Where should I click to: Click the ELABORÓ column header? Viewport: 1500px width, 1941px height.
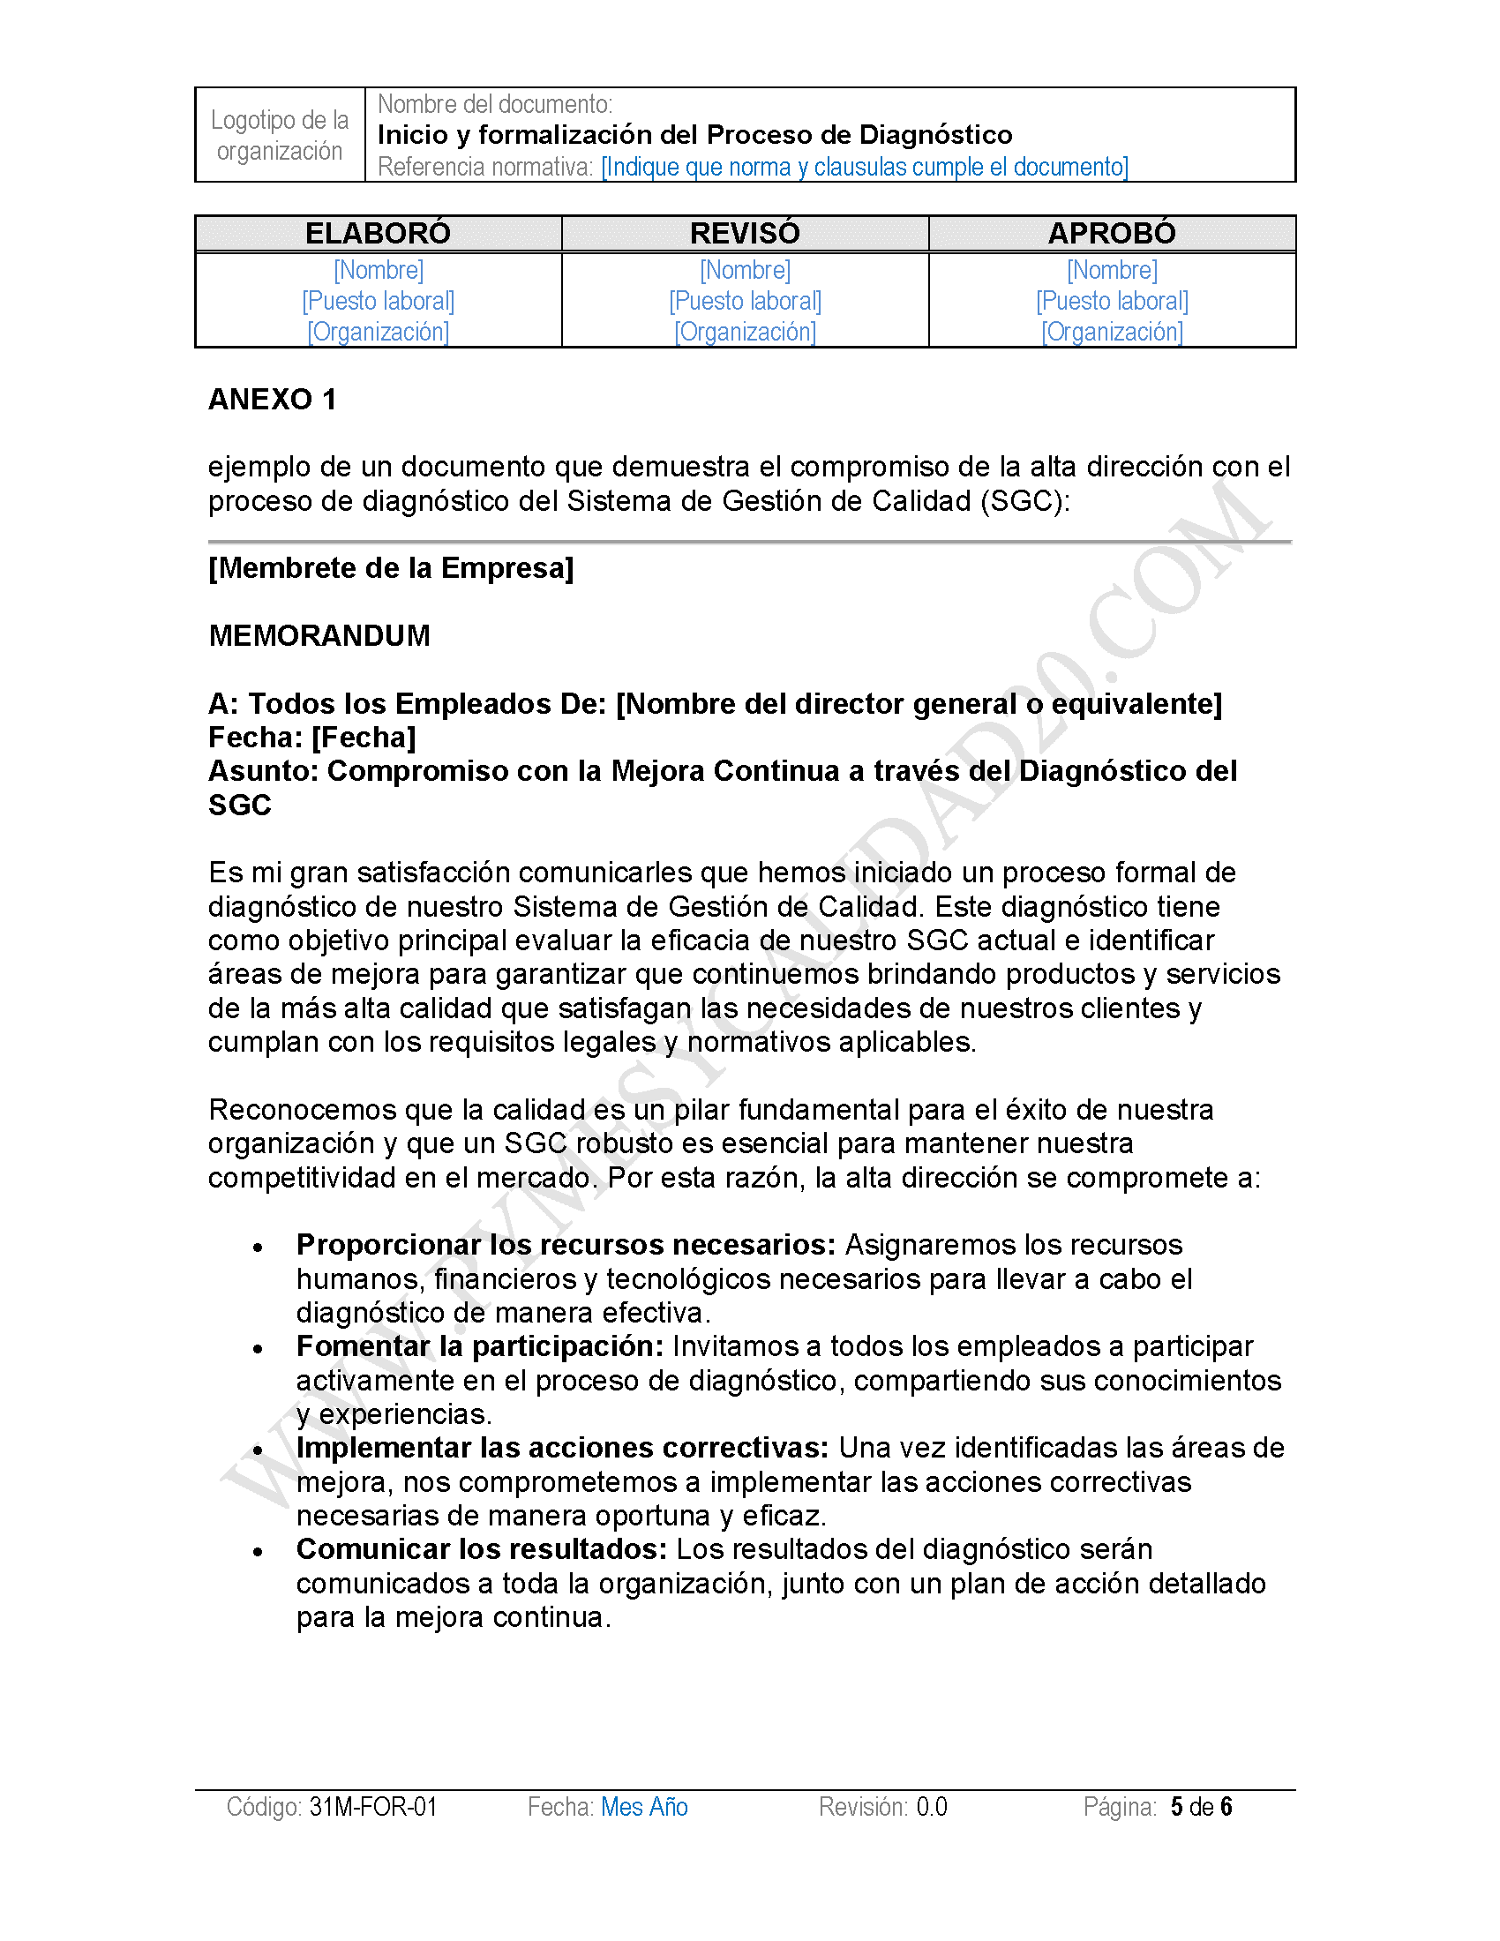click(x=378, y=233)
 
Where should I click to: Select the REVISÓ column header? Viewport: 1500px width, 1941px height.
click(x=745, y=233)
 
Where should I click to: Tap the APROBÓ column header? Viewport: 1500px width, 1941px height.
click(x=1112, y=233)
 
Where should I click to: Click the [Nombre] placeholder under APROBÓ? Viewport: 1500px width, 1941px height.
click(x=1112, y=269)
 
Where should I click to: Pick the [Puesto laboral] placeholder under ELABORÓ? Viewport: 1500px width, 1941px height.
click(x=378, y=300)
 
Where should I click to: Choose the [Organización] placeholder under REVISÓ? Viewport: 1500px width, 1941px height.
click(x=745, y=332)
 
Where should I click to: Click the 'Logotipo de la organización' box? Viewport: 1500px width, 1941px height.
click(x=280, y=135)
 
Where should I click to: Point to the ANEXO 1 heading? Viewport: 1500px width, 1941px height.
click(x=272, y=399)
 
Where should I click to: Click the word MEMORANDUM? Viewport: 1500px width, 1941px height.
click(x=319, y=635)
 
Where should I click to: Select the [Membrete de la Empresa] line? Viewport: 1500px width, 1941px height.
click(x=391, y=568)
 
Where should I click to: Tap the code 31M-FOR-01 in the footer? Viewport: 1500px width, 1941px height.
click(x=373, y=1807)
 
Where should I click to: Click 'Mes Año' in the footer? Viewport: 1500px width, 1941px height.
click(x=644, y=1807)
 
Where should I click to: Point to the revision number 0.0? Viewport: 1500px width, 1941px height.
click(x=932, y=1807)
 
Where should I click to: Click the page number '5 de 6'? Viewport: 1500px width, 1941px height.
click(x=1202, y=1807)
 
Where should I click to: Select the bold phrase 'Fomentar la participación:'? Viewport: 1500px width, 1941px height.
click(x=480, y=1346)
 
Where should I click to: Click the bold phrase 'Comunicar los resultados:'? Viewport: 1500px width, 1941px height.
click(x=482, y=1549)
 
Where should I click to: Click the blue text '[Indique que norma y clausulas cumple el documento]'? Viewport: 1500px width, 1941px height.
click(x=865, y=167)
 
